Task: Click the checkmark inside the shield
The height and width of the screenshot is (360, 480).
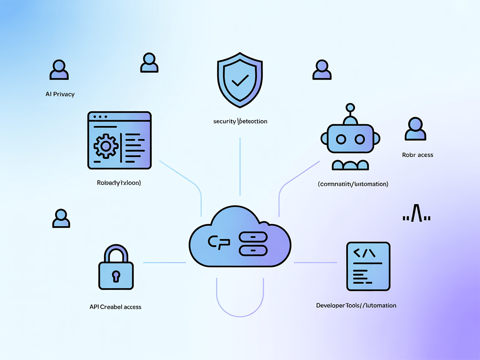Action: (240, 79)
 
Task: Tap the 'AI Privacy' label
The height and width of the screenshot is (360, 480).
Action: (60, 94)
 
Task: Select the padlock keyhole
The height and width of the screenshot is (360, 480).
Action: (116, 275)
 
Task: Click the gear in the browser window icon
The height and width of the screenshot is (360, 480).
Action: (105, 146)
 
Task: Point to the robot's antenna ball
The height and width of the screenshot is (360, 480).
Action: (350, 107)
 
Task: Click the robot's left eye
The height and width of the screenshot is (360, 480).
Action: (341, 139)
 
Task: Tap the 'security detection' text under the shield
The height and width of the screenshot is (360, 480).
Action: (240, 121)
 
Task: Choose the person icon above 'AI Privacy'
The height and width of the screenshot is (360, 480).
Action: (59, 70)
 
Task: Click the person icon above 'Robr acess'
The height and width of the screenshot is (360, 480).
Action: (415, 129)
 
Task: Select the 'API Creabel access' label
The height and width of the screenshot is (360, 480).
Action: (115, 307)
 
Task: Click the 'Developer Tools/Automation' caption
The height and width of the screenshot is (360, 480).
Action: (356, 305)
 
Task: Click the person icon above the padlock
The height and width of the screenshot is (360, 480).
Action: (61, 219)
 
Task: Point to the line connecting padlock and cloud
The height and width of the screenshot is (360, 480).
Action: (165, 262)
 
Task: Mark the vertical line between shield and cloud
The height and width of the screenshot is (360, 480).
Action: (240, 167)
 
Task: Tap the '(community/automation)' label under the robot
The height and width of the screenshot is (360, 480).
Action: (353, 184)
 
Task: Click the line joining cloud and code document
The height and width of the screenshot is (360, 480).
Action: (315, 262)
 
